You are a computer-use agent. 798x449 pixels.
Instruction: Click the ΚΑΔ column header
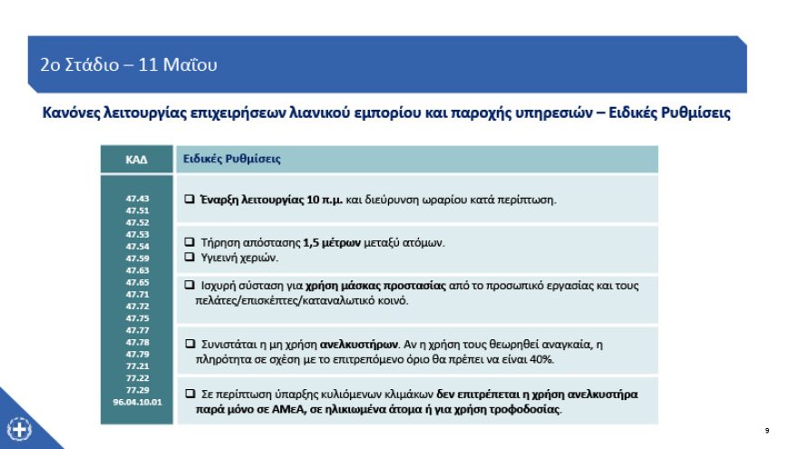tap(136, 159)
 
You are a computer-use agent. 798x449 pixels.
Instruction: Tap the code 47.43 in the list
tap(137, 199)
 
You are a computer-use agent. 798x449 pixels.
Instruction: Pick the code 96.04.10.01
tap(137, 401)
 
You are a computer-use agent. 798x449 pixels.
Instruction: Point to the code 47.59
tap(137, 259)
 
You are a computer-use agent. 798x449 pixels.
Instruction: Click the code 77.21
tap(137, 366)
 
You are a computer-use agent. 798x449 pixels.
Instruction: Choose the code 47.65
tap(137, 282)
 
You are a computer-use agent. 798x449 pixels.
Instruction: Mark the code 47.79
tap(137, 354)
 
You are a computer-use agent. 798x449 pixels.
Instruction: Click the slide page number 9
tap(767, 429)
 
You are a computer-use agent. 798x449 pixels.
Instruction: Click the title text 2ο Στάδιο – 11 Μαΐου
tap(129, 64)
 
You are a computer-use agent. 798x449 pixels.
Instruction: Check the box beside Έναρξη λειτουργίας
tap(190, 199)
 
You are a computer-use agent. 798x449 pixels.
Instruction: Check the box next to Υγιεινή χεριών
tap(190, 257)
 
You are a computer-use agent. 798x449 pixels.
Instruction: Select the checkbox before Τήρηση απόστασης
tap(190, 242)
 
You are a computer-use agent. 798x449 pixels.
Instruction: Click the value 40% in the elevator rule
tap(541, 359)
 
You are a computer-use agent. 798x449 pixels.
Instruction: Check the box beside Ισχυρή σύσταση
tap(190, 285)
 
